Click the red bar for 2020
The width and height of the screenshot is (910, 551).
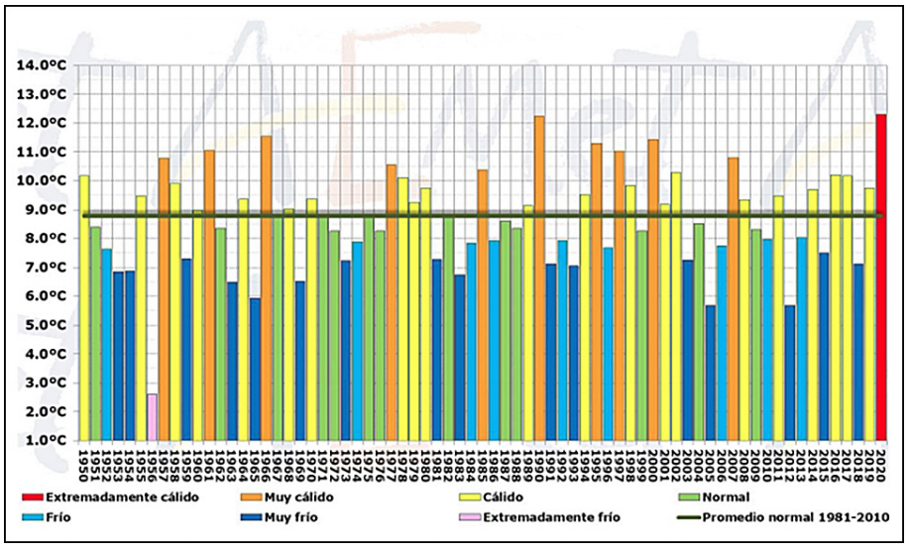point(880,277)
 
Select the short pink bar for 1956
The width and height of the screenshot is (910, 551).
point(152,417)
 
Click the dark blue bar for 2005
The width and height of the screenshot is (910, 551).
point(711,373)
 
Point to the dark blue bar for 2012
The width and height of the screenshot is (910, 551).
point(790,373)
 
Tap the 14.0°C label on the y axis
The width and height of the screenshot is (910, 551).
point(41,65)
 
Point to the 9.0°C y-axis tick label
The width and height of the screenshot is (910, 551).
point(41,210)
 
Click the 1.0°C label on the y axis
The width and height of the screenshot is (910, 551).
point(41,441)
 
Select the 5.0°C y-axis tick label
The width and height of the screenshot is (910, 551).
point(41,325)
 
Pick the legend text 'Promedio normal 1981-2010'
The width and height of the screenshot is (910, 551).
point(790,515)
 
